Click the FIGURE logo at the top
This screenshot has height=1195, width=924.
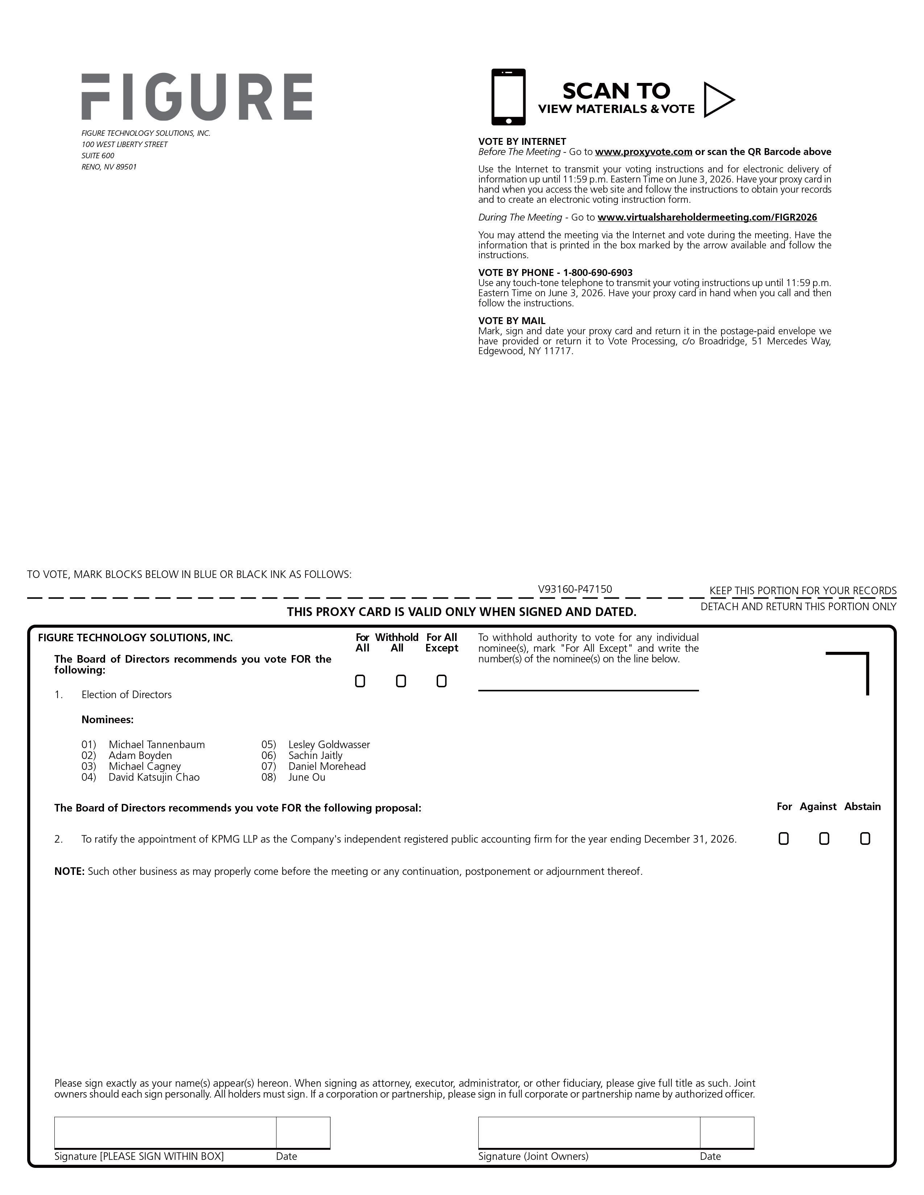click(x=196, y=97)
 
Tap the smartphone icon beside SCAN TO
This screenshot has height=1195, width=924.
click(x=508, y=97)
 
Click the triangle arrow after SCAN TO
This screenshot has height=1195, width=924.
click(x=717, y=100)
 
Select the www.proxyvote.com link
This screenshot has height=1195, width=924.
click(x=643, y=152)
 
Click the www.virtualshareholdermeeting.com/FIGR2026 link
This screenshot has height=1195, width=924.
click(x=707, y=217)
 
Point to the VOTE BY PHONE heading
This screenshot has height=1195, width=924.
click(x=555, y=272)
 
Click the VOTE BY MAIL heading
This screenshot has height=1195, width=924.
click(x=511, y=320)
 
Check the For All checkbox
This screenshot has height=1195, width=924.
click(x=360, y=681)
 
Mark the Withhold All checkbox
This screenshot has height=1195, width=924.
click(x=401, y=681)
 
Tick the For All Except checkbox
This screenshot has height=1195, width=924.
click(x=441, y=681)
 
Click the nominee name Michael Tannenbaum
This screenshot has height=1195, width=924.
click(x=157, y=744)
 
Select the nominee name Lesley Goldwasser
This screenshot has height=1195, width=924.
click(x=329, y=744)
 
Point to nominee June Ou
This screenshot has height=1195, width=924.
click(x=307, y=777)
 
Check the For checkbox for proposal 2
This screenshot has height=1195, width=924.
click(x=783, y=838)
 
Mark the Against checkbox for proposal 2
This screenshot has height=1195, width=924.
click(x=824, y=838)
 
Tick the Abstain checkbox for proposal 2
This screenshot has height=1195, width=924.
click(x=865, y=838)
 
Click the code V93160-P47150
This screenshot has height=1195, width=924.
click(x=575, y=589)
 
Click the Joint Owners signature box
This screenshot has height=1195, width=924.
click(x=588, y=1132)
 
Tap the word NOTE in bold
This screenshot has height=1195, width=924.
click(x=69, y=871)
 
